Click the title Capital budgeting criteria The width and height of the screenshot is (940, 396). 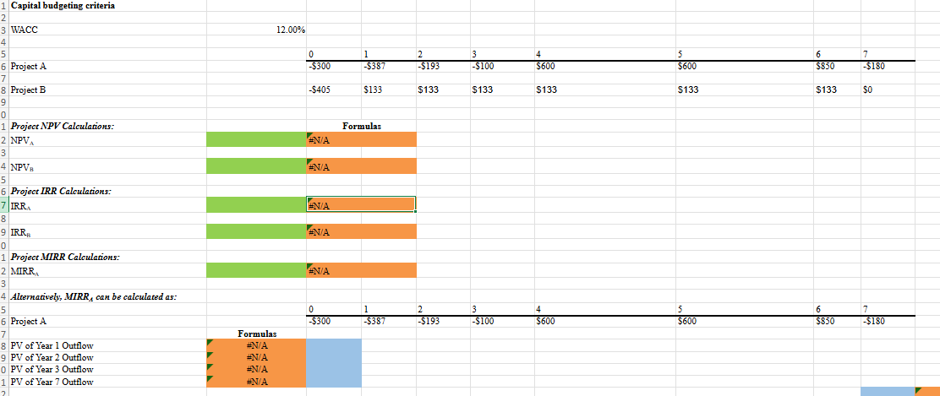63,6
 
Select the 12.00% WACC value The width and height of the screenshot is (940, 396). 291,30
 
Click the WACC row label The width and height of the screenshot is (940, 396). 25,30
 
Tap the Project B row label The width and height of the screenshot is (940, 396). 28,89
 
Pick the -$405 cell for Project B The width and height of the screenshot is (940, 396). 319,89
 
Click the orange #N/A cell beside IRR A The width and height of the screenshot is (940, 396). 361,204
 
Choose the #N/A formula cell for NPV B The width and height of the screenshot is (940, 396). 361,166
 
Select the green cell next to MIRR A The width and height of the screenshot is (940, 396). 256,270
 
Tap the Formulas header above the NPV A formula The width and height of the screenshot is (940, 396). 362,126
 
